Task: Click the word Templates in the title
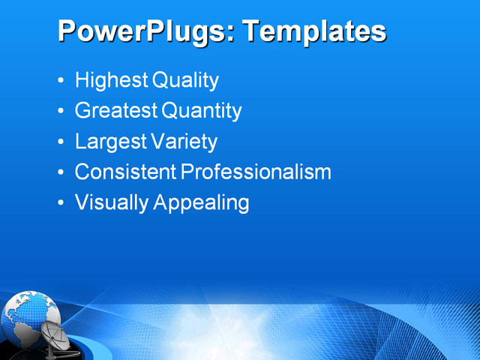point(315,32)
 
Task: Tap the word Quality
point(186,80)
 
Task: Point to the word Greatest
point(116,111)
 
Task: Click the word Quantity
point(202,111)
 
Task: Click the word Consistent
point(125,172)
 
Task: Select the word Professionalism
point(256,172)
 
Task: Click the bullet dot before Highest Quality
point(61,81)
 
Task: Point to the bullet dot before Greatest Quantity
point(61,112)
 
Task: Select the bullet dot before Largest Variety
point(61,142)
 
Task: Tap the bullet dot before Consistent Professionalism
point(61,172)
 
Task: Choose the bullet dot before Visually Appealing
point(61,203)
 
